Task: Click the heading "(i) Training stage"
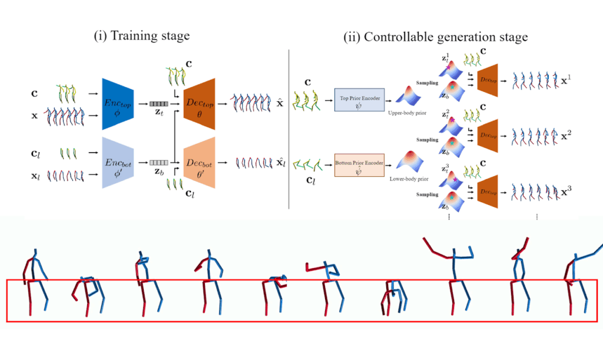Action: coord(142,36)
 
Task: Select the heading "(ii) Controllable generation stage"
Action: coord(436,37)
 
